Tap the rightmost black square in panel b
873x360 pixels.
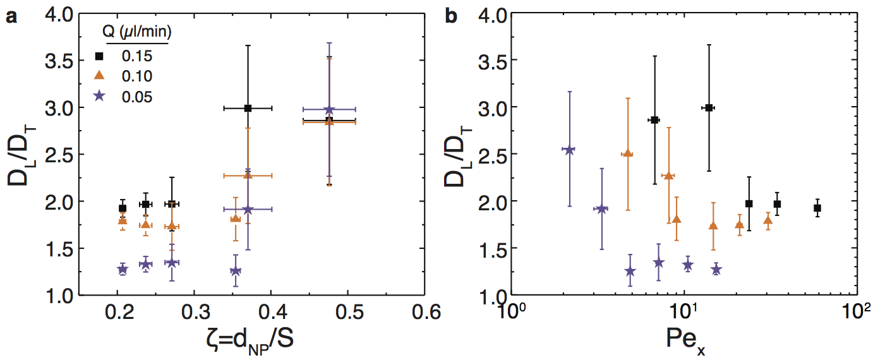[817, 208]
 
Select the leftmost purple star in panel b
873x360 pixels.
[569, 150]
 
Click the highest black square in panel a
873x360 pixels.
[248, 108]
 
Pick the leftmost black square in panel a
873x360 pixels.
[123, 208]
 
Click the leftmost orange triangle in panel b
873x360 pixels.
[627, 153]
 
